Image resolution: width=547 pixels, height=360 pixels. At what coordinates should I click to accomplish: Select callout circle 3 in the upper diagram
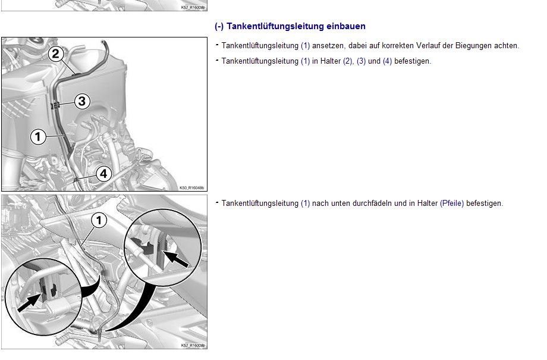pos(82,101)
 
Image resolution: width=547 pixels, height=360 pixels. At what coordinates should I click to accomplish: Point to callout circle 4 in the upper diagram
pos(103,174)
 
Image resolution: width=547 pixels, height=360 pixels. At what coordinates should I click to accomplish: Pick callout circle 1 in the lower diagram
pos(99,221)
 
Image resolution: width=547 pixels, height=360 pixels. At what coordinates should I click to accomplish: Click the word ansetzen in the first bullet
pos(330,46)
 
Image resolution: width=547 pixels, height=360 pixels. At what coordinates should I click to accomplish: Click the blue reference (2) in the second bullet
pos(348,61)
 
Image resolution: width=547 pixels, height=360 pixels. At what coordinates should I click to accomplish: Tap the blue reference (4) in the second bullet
pos(387,61)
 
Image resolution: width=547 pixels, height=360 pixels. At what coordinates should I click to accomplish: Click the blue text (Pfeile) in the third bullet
pos(452,204)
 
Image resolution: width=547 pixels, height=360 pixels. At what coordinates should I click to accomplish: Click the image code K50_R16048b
pos(191,188)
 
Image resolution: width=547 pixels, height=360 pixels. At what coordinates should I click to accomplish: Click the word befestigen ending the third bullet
pos(485,204)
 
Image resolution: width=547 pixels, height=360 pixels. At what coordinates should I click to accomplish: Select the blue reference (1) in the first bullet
pos(305,46)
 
